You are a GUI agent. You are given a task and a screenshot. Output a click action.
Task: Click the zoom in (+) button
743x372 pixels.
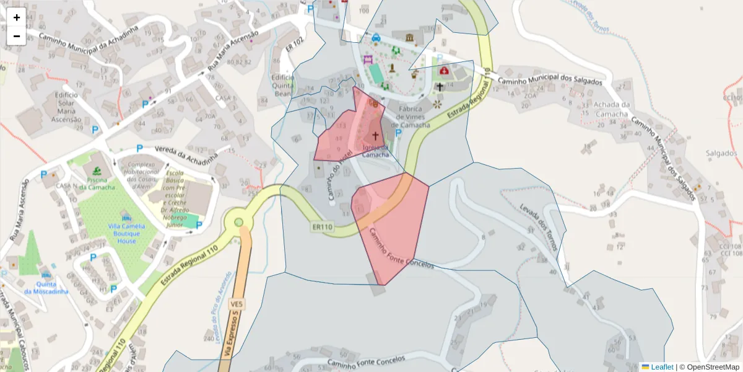tap(17, 17)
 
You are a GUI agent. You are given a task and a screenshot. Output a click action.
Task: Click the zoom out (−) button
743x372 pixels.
tap(17, 36)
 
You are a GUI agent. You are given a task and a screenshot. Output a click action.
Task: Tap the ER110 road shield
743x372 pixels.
tap(323, 228)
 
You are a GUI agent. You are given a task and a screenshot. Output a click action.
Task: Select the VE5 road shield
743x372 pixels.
tap(236, 304)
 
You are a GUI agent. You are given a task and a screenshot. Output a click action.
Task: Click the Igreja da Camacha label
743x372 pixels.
tap(375, 151)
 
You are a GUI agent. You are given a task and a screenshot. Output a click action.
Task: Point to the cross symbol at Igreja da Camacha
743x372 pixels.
tap(376, 135)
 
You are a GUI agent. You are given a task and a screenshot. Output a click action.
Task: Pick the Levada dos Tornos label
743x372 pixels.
tap(538, 228)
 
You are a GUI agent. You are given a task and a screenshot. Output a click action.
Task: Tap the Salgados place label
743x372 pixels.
tap(721, 153)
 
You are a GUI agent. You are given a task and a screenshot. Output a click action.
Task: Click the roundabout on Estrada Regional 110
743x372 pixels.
tap(238, 221)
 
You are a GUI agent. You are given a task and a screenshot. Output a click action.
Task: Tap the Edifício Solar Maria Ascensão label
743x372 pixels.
tap(66, 107)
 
